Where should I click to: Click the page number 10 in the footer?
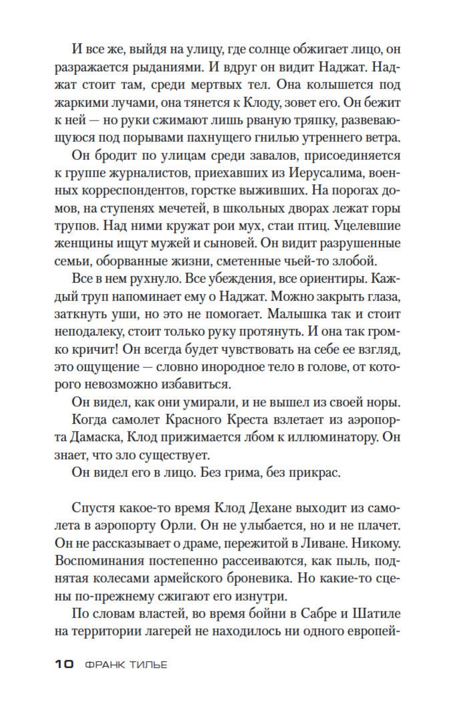(x=64, y=664)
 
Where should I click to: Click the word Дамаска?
(x=88, y=437)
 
